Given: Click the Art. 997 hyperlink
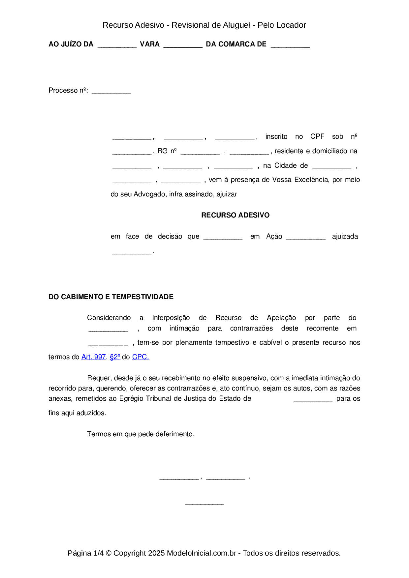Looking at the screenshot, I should [93, 357].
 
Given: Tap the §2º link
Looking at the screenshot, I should [115, 357].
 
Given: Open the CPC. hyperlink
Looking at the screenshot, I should [141, 357].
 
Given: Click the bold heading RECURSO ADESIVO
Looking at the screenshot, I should [235, 215].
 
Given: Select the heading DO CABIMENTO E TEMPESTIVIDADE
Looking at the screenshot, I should [111, 297].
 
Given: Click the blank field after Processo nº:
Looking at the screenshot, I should [111, 92].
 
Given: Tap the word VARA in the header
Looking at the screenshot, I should [150, 44].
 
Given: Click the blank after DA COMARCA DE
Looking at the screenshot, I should [290, 46].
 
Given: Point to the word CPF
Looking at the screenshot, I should [317, 136].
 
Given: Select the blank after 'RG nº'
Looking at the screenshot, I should [200, 153].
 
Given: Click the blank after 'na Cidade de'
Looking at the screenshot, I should [331, 167].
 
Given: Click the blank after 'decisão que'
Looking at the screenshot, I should [223, 238].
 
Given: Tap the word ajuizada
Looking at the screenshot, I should [345, 236].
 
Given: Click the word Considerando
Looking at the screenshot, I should [109, 318].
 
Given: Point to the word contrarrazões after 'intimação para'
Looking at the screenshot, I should [251, 328].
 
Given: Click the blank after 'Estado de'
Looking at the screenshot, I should [313, 400].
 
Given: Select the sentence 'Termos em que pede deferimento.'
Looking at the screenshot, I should [141, 434].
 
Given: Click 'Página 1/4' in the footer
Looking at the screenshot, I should [85, 553].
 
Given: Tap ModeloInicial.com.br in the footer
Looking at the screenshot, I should [202, 553].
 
